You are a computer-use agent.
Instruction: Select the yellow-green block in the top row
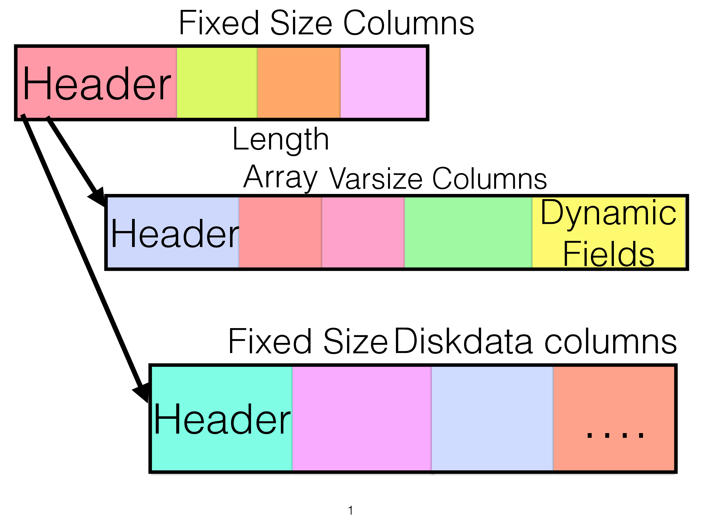(x=217, y=83)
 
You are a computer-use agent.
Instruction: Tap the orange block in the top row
(x=299, y=83)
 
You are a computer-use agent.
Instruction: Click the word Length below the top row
(x=281, y=140)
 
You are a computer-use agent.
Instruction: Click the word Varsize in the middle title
(x=375, y=179)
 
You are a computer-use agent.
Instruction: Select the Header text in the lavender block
(x=175, y=234)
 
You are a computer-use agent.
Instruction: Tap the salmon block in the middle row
(x=280, y=232)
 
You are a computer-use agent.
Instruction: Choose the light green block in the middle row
(x=468, y=232)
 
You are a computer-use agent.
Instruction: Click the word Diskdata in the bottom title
(x=463, y=341)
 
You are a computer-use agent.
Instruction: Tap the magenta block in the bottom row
(x=361, y=418)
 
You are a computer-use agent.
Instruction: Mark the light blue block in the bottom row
(x=492, y=418)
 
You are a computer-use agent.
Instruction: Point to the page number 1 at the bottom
(x=350, y=510)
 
